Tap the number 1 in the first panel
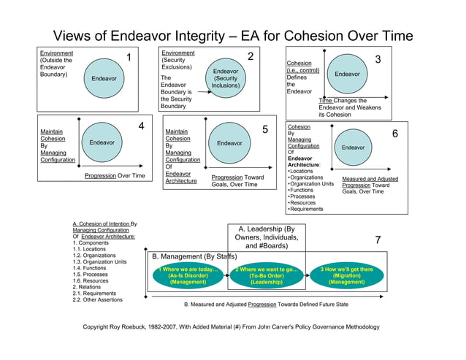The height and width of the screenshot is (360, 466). pos(129,58)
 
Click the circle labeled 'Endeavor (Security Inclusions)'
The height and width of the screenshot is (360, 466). pos(226,78)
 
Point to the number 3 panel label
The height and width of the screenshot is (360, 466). pos(378,59)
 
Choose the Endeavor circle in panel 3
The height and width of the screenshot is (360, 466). pos(347,74)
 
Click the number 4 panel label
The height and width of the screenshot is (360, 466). pos(141,126)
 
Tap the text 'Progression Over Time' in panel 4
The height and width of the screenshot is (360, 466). pos(115,176)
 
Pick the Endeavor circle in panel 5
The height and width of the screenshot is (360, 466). pos(229,143)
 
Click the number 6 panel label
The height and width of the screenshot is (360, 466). pos(395,134)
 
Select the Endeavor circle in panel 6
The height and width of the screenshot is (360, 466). pos(353,148)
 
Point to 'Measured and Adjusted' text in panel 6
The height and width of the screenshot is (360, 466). pos(370,178)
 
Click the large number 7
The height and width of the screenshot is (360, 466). pos(378,240)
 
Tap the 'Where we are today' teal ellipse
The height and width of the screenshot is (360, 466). pos(188,276)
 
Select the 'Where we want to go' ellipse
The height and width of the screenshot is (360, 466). pos(267,276)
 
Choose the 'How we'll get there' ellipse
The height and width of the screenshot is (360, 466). pos(346,276)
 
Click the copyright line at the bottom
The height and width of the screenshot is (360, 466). pos(233,326)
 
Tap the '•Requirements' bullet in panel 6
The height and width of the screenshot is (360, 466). pos(306,210)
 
